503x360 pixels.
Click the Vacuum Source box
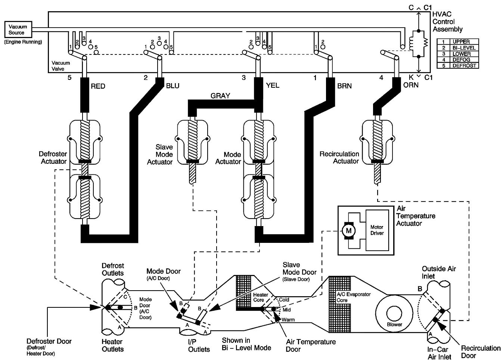point(18,29)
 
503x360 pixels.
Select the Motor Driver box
point(377,230)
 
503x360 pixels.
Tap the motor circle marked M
point(349,231)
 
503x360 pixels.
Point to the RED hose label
point(98,86)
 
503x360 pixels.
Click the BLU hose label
point(173,86)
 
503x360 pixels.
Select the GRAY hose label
point(220,96)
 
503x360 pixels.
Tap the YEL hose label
point(273,85)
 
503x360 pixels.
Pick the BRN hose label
point(344,86)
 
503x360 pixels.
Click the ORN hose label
point(411,85)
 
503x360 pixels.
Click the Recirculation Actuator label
point(339,157)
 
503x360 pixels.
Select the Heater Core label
point(260,297)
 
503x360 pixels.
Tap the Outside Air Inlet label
point(438,272)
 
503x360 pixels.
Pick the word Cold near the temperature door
point(284,300)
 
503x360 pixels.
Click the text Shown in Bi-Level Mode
point(246,344)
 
